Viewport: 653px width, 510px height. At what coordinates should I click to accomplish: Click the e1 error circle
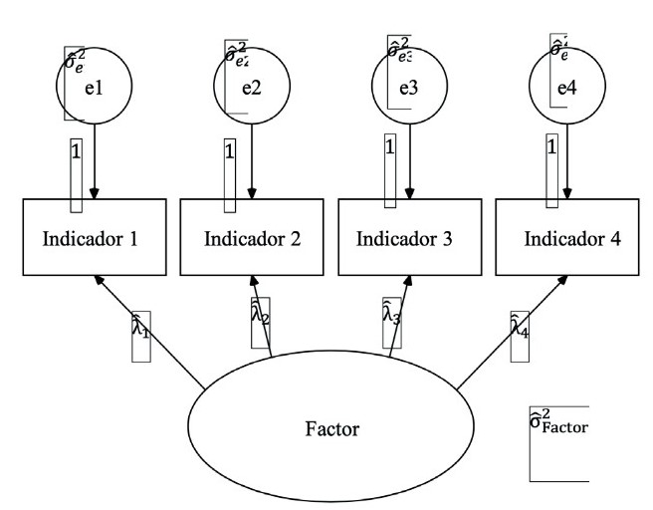[x=94, y=87]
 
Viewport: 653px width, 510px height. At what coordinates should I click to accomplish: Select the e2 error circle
[x=252, y=87]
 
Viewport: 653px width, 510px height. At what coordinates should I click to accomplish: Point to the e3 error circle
[x=408, y=87]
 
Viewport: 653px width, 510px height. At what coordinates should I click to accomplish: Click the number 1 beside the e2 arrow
[x=230, y=151]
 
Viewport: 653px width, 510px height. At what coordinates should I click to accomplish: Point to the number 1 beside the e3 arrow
[x=389, y=146]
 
